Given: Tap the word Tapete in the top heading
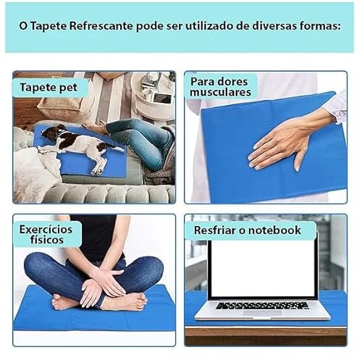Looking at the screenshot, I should [x=50, y=25].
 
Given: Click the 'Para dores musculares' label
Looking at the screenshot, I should [x=220, y=86].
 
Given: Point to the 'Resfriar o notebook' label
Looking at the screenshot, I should [x=247, y=230].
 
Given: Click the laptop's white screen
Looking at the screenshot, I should [x=261, y=267].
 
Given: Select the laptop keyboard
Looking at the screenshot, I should [x=262, y=305].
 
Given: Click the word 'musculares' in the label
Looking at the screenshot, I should [x=220, y=92].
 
